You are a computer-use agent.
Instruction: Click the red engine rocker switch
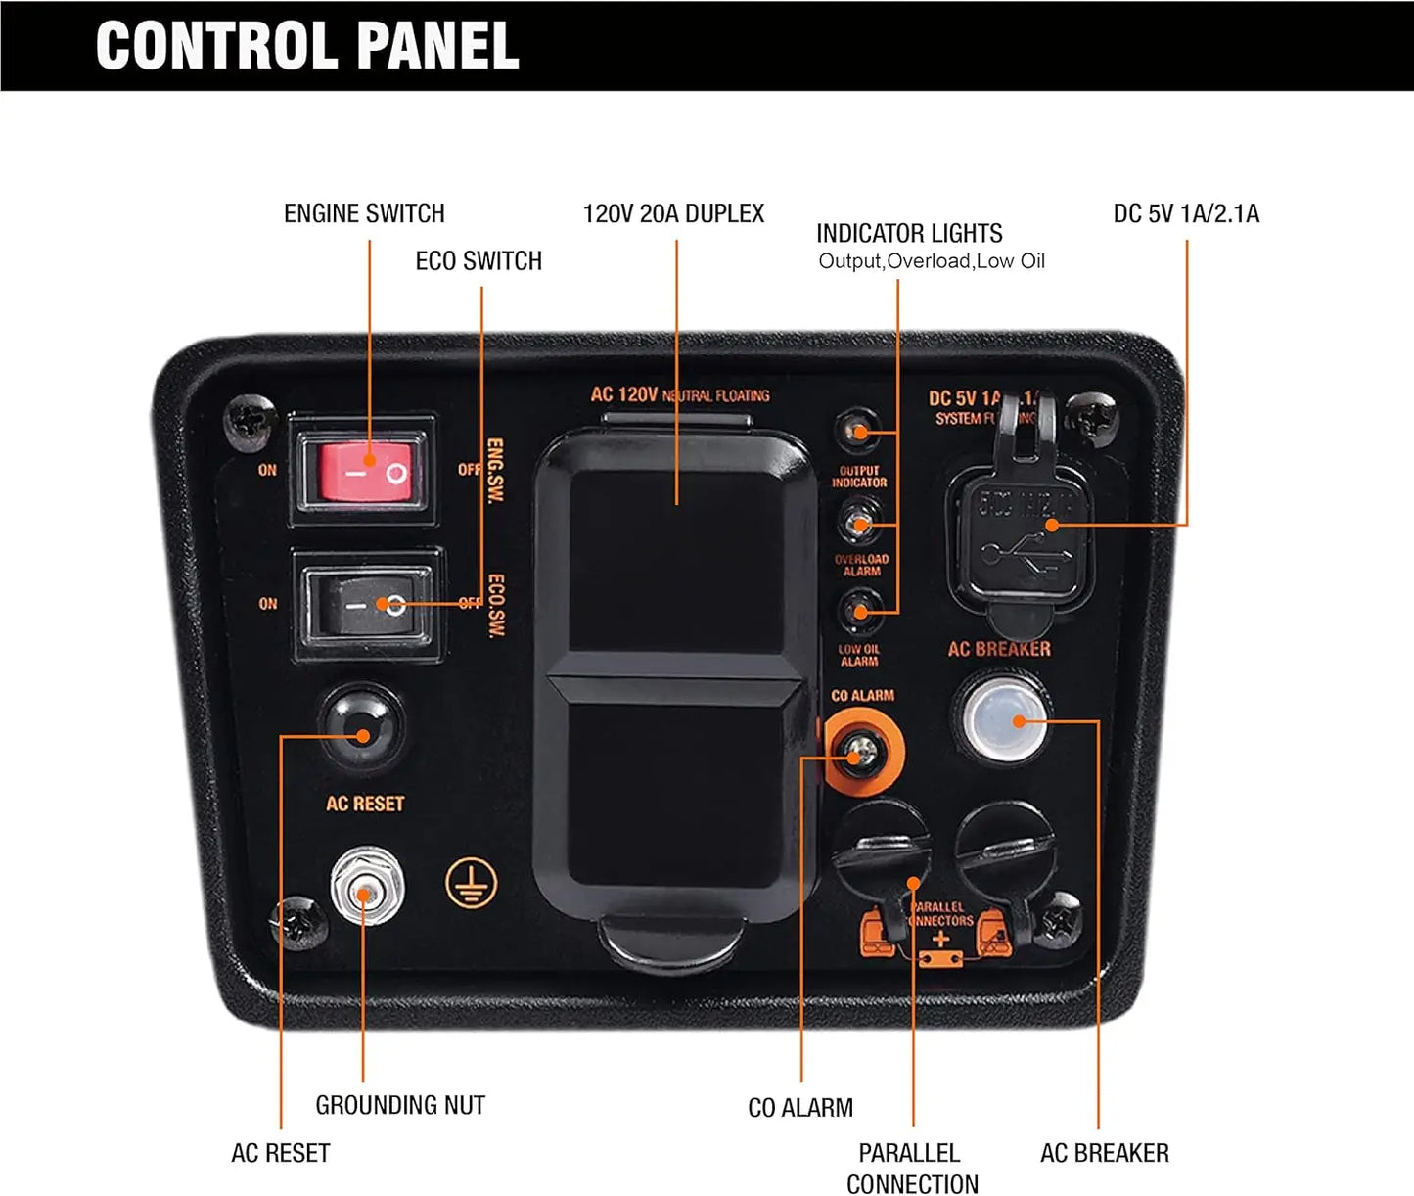[x=363, y=470]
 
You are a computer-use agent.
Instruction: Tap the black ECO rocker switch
[x=368, y=605]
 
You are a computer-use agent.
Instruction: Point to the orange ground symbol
[x=471, y=884]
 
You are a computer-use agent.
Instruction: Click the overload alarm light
[x=858, y=523]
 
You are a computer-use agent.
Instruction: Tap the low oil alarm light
[x=858, y=612]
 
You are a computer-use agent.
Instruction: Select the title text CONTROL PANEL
[x=307, y=46]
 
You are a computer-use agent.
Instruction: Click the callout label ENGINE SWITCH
[x=364, y=213]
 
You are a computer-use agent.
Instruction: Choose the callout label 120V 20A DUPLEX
[x=673, y=213]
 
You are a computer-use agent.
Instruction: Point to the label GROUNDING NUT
[x=400, y=1105]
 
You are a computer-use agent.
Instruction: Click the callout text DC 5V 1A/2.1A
[x=1186, y=213]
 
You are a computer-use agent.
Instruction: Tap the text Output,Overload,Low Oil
[x=932, y=261]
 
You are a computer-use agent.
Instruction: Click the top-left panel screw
[x=250, y=419]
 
